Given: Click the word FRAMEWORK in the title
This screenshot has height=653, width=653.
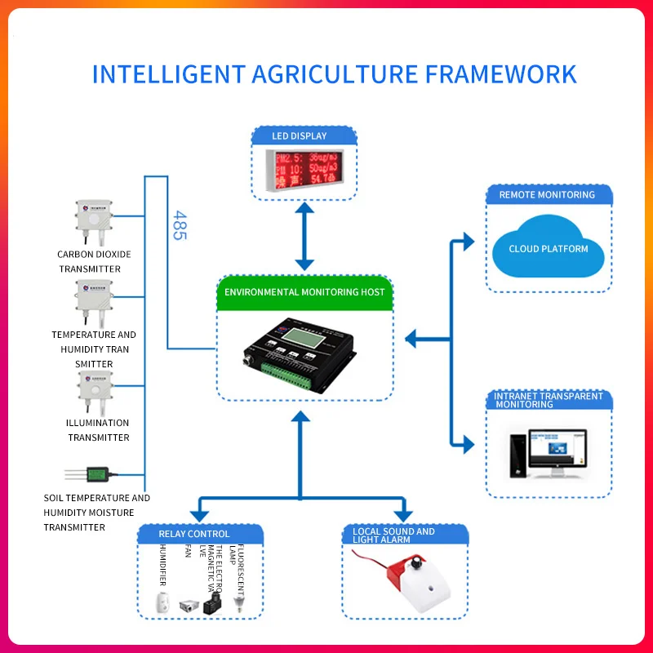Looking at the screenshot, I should (501, 74).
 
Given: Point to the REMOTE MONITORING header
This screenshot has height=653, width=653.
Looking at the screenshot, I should (547, 195).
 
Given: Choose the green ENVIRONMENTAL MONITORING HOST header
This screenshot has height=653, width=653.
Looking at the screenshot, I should (304, 291).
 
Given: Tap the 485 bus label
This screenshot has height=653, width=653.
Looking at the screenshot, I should (180, 225).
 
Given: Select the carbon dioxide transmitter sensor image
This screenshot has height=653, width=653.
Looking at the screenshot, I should (96, 220).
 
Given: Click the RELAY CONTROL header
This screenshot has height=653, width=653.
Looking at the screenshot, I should (194, 535).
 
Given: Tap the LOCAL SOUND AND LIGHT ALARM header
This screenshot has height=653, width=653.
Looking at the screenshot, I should (394, 535).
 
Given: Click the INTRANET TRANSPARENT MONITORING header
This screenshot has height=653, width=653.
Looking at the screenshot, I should (549, 400).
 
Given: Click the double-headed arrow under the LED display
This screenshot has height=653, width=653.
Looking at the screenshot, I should (304, 237).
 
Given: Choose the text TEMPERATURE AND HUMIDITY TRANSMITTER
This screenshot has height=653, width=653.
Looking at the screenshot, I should (94, 349).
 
